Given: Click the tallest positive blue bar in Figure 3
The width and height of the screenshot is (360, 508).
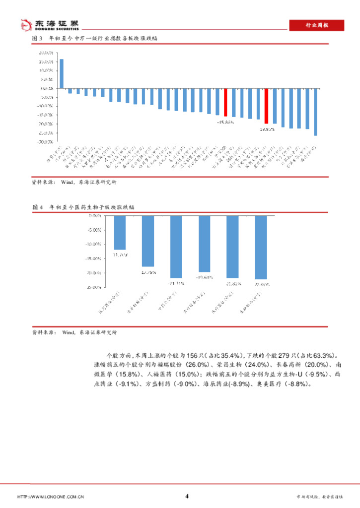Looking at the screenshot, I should pos(62,73).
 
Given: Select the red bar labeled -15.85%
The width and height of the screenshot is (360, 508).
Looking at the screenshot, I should pos(225,102).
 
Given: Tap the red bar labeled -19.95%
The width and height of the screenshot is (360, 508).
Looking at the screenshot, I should pos(266,106).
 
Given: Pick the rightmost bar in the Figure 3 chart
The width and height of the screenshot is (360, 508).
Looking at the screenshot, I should pos(315,112).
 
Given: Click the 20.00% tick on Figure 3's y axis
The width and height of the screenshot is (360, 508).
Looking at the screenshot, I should pos(46,53).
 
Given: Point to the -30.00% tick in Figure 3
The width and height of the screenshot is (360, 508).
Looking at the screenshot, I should pos(46,141).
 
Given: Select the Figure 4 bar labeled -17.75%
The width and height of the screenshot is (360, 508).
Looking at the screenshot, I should pos(148,241).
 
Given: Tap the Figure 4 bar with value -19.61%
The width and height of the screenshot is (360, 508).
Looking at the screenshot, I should pos(205,244).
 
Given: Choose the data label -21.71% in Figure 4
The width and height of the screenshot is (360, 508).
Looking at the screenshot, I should pos(177,283).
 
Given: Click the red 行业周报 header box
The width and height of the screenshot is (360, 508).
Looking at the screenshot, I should pos(316,25).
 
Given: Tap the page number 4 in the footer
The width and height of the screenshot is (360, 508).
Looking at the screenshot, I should pos(187,496).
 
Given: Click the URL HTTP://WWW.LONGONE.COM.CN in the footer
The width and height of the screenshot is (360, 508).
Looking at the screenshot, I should pos(50,496).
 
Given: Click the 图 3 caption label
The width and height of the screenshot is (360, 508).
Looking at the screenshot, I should pos(37,38).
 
